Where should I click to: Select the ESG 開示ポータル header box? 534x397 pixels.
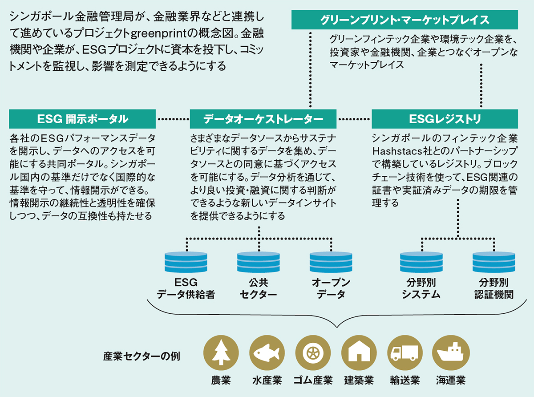coord(82,119)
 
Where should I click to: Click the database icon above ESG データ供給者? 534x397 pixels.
coord(186,263)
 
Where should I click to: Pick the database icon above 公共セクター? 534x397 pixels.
coord(259,263)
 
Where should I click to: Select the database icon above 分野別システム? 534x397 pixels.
coord(421,263)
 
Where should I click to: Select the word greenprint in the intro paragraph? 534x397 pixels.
coord(159,34)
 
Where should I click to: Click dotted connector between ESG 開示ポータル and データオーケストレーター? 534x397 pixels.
coord(173,119)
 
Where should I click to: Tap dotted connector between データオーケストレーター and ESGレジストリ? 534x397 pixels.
coord(354,119)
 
